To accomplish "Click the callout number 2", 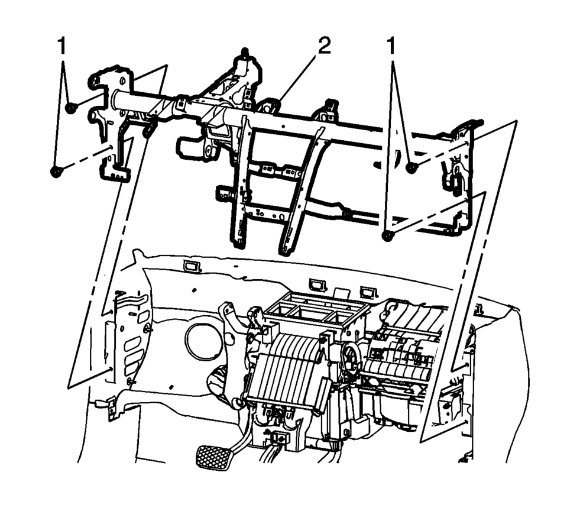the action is pos(324,46).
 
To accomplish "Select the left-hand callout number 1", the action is pos(63,46).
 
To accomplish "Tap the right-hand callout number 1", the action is pos(391,46).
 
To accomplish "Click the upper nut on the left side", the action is pos(70,108).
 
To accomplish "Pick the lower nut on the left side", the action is pos(56,172).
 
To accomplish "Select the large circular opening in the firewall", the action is pos(203,341).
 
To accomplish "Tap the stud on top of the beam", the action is pos(245,52).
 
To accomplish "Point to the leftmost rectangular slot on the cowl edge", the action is pos(192,266).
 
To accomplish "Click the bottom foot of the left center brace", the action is pos(237,243).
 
